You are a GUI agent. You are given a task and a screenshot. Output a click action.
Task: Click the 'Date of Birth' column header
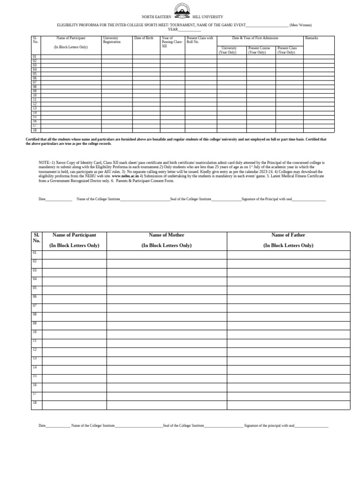tap(143, 38)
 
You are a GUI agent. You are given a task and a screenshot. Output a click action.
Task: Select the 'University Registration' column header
tap(112, 40)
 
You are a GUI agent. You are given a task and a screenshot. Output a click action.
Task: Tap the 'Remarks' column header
tap(312, 38)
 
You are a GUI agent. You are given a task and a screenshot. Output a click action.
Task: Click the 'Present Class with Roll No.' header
tap(199, 40)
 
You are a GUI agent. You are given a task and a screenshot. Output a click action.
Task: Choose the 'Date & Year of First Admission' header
tap(255, 38)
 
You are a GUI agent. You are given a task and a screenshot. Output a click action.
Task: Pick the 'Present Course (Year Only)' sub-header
tap(258, 50)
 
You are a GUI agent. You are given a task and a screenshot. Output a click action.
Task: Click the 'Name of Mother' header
tap(166, 235)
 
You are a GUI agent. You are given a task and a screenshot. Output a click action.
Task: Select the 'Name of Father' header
tap(288, 235)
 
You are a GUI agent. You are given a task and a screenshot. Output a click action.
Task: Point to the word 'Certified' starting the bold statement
tap(34, 140)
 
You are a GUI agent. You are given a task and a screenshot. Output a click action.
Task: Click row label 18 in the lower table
tap(34, 402)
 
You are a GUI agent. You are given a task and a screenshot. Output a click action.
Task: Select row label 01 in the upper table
tap(34, 57)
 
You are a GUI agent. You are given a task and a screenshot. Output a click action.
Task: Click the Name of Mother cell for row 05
tap(166, 289)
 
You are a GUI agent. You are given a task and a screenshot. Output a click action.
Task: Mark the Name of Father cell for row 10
tap(288, 334)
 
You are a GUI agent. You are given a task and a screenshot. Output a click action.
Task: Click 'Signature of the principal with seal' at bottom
tap(269, 426)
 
